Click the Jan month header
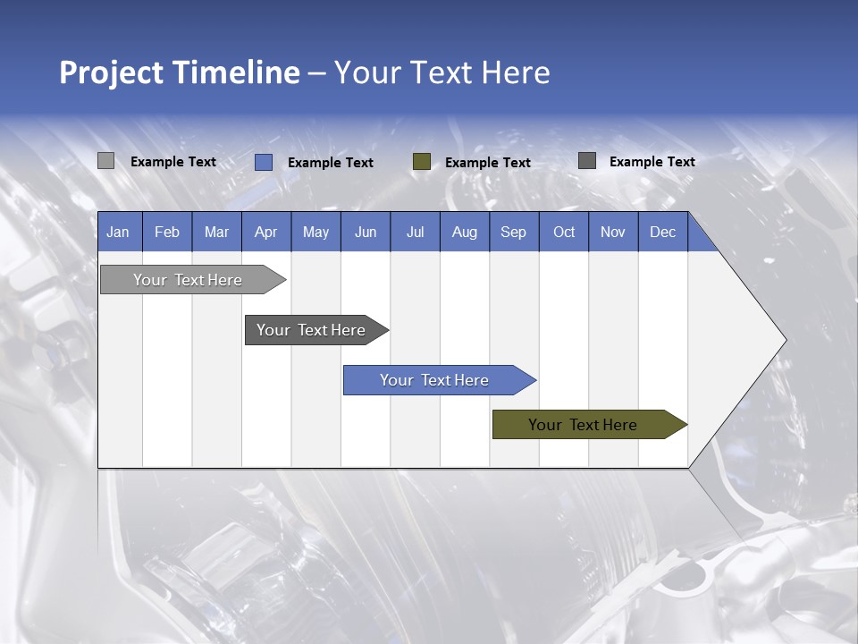pos(118,232)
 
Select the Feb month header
pos(167,232)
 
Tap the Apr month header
pos(265,232)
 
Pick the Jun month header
pos(366,232)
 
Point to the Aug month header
pos(464,232)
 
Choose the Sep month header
pos(513,232)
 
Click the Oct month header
pos(564,232)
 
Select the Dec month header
pos(662,232)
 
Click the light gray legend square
pos(106,161)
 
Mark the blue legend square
pos(264,162)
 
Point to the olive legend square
pos(422,162)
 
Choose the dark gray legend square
pos(587,161)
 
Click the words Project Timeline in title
pos(180,72)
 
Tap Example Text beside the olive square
pos(487,163)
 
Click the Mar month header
pos(216,232)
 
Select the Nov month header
pos(613,232)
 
